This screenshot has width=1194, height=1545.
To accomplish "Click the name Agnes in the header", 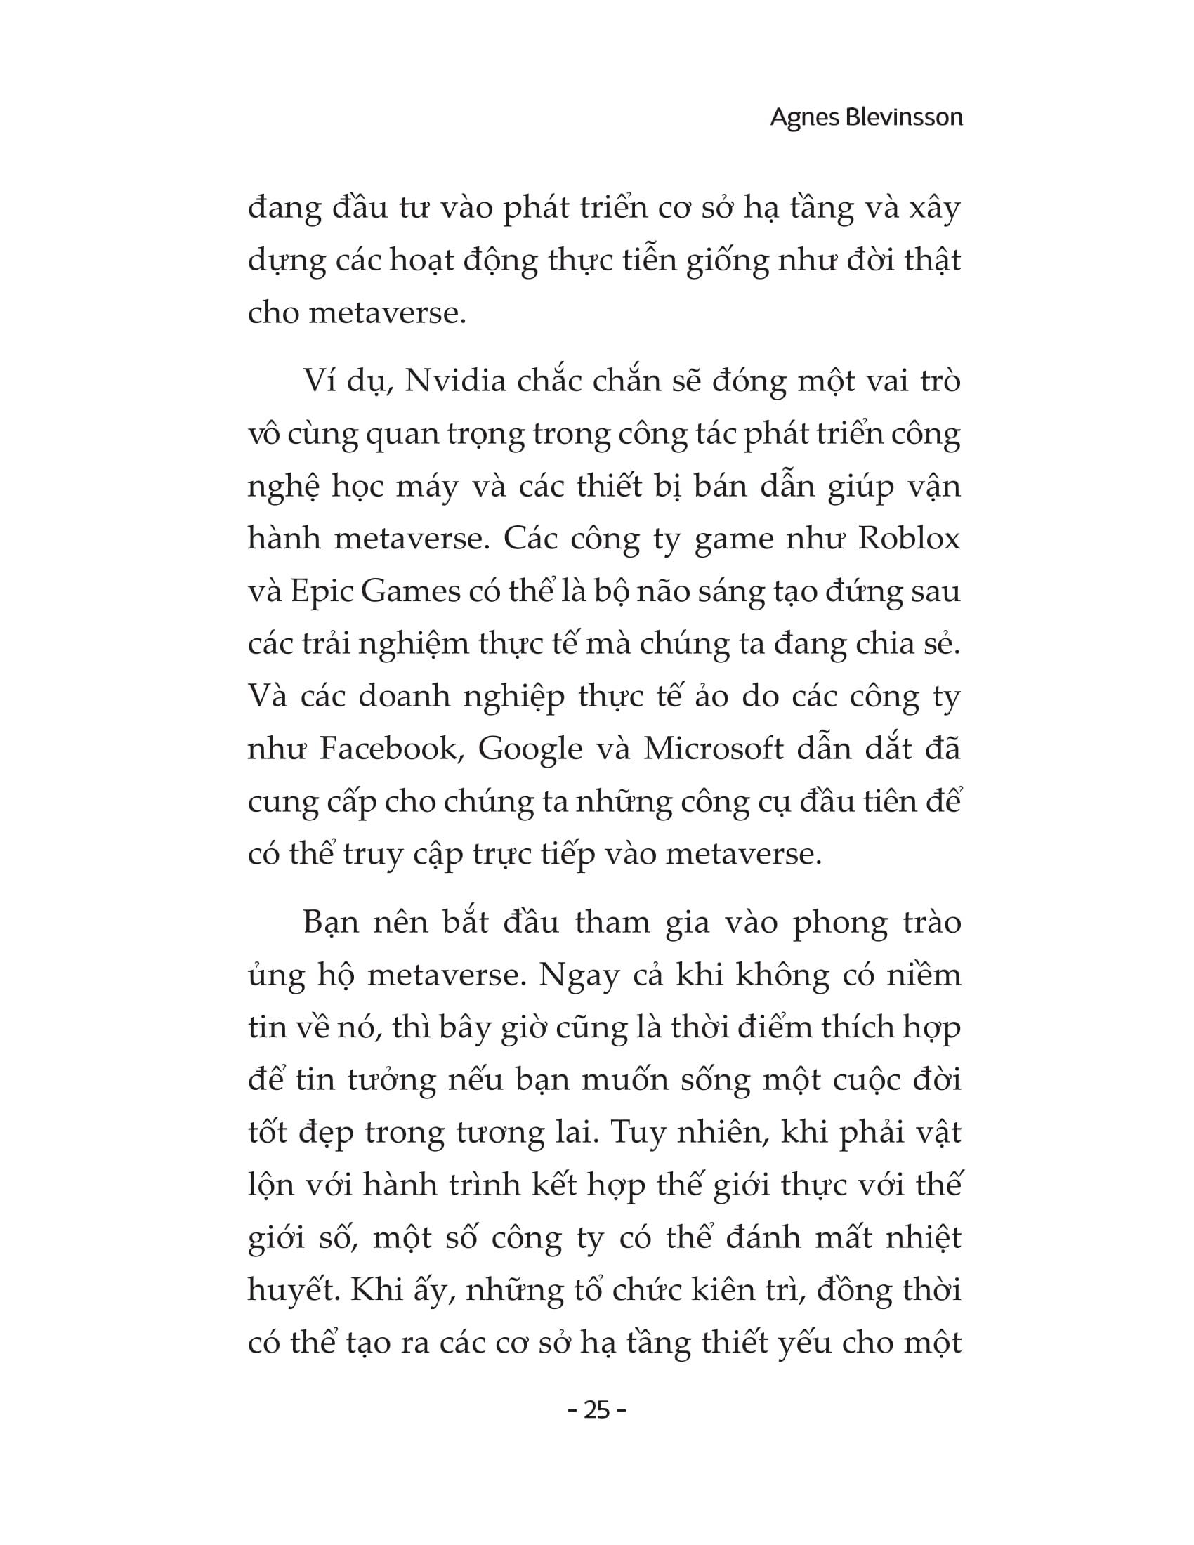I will pos(803,117).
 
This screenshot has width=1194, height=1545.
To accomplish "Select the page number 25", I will pos(597,1411).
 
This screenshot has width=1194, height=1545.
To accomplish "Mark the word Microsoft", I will pos(713,749).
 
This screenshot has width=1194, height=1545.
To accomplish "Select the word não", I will pos(664,591).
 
